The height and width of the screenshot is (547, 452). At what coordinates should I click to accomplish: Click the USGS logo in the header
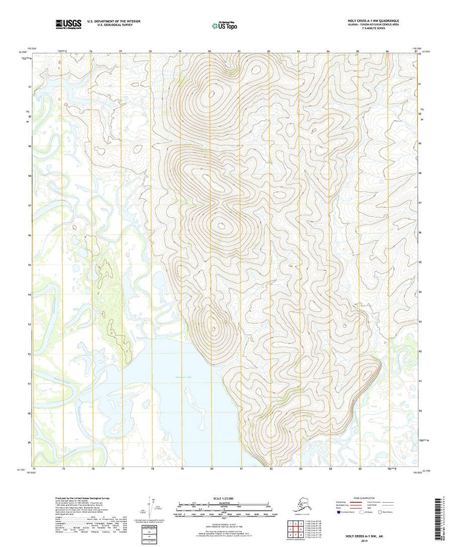68,23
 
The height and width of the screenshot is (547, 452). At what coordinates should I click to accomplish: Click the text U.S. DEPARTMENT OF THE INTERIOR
114,21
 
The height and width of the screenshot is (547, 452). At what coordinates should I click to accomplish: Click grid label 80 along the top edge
209,51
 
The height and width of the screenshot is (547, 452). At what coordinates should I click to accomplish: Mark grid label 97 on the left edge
30,206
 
